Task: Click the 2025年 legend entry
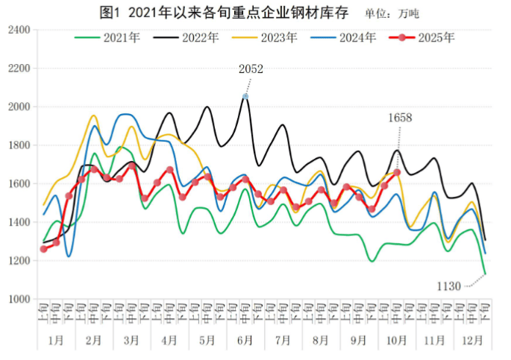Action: [x=428, y=37]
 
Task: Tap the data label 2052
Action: [x=251, y=69]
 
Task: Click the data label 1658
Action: [x=400, y=117]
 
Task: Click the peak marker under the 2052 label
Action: [x=245, y=96]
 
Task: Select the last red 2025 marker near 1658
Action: [x=397, y=172]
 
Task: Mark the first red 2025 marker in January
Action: [x=43, y=249]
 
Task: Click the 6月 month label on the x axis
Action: [x=245, y=340]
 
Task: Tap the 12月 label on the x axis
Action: [x=472, y=340]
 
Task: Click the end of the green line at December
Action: [x=485, y=274]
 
